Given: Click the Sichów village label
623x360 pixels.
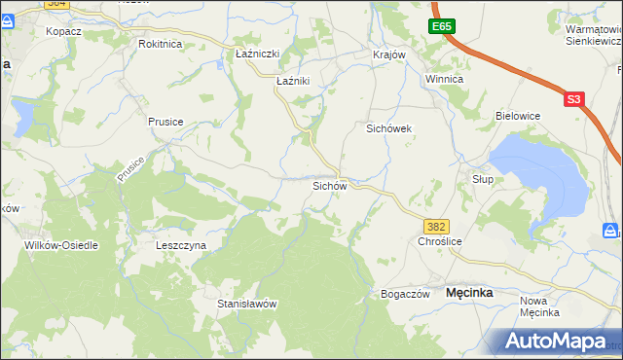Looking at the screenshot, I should (328, 185).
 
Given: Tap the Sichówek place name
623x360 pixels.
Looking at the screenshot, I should (390, 128).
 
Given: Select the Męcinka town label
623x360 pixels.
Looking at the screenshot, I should (469, 292).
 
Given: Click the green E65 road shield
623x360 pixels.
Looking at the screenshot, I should (443, 26).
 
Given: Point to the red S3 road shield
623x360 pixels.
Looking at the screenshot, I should (574, 98).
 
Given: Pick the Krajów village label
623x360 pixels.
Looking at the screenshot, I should (388, 54).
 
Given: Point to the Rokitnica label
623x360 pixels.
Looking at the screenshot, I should (161, 45).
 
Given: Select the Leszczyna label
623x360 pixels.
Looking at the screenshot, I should (181, 246).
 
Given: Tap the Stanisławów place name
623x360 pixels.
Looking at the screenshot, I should (247, 304).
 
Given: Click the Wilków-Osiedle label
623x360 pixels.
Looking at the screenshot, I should (61, 245).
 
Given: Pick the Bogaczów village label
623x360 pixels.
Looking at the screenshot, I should (405, 294).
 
